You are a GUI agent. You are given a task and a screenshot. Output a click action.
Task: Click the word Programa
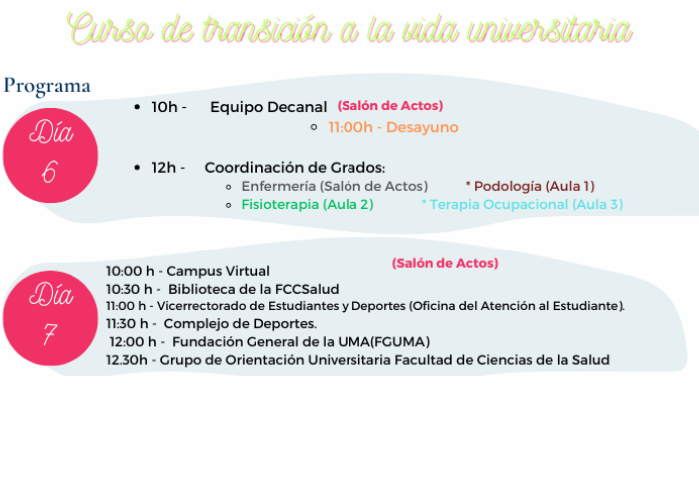pyautogui.click(x=47, y=86)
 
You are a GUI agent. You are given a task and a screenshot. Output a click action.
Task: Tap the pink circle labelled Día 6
pyautogui.click(x=50, y=155)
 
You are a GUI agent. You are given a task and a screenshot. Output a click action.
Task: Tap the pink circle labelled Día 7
pyautogui.click(x=50, y=318)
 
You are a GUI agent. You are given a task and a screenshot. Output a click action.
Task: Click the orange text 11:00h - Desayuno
pyautogui.click(x=393, y=127)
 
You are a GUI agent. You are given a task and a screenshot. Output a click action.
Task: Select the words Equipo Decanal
pyautogui.click(x=269, y=107)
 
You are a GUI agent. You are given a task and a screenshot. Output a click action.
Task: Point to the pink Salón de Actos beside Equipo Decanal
pyautogui.click(x=390, y=106)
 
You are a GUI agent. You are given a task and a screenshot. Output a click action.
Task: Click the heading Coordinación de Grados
pyautogui.click(x=295, y=168)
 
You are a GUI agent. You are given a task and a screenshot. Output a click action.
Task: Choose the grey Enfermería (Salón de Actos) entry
pyautogui.click(x=335, y=186)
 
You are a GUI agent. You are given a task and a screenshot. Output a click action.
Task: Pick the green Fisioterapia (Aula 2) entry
pyautogui.click(x=308, y=204)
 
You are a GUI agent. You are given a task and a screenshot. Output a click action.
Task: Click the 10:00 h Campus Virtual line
pyautogui.click(x=188, y=271)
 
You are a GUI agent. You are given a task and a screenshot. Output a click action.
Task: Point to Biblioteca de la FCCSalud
pyautogui.click(x=254, y=289)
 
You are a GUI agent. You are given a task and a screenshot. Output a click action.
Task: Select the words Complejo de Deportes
pyautogui.click(x=240, y=324)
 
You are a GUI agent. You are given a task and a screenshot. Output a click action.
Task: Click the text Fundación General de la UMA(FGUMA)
pyautogui.click(x=302, y=342)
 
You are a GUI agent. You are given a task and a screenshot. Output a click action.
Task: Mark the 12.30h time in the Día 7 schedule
pyautogui.click(x=127, y=360)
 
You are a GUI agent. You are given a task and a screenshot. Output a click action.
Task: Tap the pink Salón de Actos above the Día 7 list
pyautogui.click(x=445, y=263)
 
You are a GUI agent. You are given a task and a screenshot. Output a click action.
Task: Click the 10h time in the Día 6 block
pyautogui.click(x=164, y=107)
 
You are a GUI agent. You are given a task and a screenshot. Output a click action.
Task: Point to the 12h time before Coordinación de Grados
pyautogui.click(x=163, y=168)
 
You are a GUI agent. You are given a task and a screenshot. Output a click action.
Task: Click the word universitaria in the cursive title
pyautogui.click(x=550, y=29)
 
